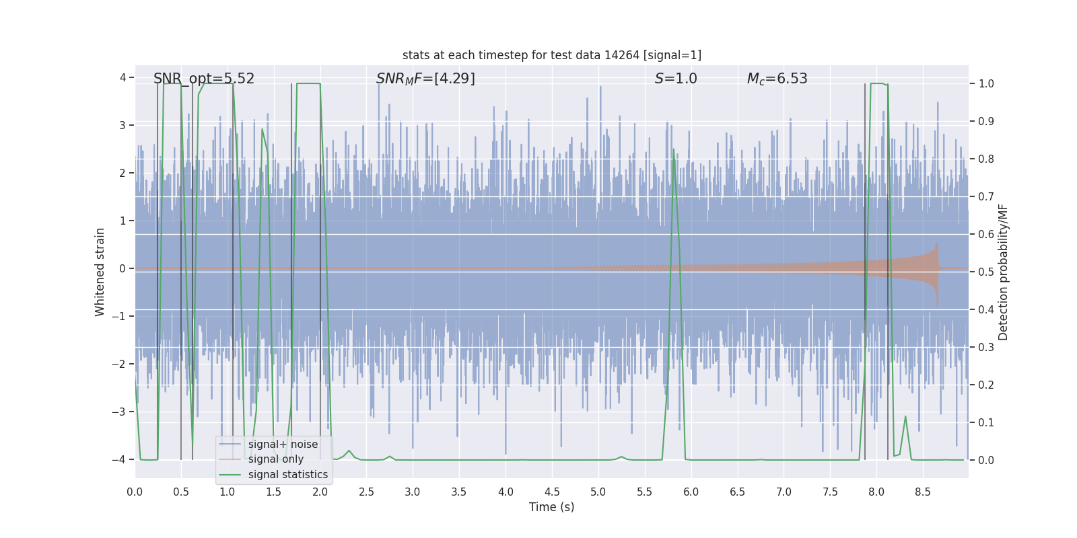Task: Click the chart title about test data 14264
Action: pos(551,55)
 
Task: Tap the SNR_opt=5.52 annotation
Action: pos(204,79)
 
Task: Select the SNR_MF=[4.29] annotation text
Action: pos(425,79)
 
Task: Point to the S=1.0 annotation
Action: pos(676,79)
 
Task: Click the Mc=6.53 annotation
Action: pos(777,79)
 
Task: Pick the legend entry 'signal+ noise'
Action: pos(283,445)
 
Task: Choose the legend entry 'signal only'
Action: pos(275,459)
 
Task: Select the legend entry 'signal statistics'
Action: pos(287,475)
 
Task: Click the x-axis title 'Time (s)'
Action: pos(551,507)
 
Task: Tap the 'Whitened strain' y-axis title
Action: pos(100,272)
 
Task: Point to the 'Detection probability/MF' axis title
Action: pos(1003,272)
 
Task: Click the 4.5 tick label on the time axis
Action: pos(552,492)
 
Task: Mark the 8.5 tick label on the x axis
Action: pos(923,492)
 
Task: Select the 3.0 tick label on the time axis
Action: pos(413,492)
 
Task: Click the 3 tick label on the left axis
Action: pos(123,126)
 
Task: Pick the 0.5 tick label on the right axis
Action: pos(986,272)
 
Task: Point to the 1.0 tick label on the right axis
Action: pos(986,84)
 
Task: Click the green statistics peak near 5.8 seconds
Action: pos(673,149)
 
